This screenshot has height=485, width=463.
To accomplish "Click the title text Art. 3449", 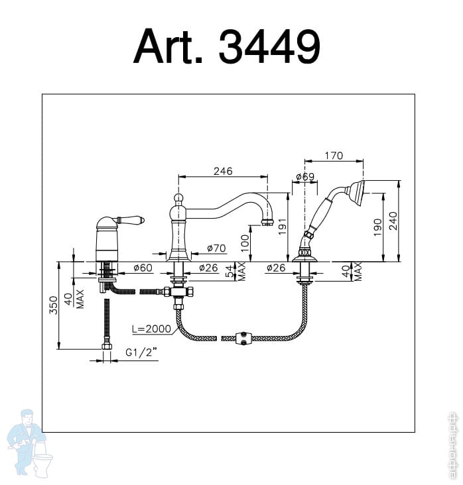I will (x=227, y=46).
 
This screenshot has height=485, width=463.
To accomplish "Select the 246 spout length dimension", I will (x=223, y=171).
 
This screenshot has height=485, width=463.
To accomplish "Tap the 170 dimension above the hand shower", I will (x=334, y=156).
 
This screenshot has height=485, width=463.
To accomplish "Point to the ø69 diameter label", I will (x=304, y=177).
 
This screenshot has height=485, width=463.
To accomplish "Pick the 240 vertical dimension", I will (x=393, y=221).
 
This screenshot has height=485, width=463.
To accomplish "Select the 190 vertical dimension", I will (x=377, y=227).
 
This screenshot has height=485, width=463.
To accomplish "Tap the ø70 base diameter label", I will (x=216, y=248).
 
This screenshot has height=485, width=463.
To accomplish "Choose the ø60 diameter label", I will (x=143, y=268).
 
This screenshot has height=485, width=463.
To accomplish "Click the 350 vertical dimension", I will (x=54, y=305).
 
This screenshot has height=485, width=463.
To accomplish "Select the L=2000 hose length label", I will (x=152, y=329).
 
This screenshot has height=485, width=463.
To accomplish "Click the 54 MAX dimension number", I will (x=230, y=270).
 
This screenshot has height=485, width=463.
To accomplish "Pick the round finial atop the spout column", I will (x=178, y=198).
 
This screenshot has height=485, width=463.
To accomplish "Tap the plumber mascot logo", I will (x=27, y=440).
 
